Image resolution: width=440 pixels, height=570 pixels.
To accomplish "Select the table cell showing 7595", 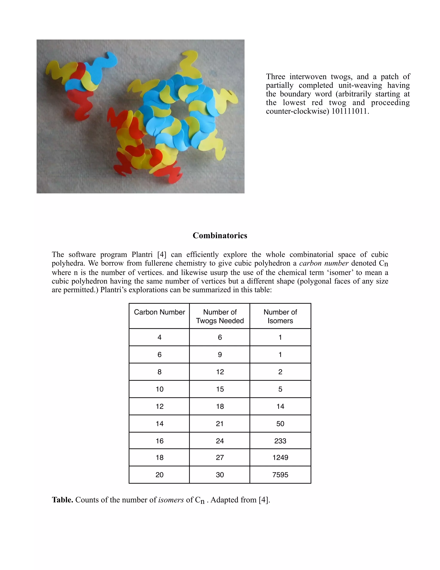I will (280, 475).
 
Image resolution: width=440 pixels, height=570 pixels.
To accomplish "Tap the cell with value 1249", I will (280, 457).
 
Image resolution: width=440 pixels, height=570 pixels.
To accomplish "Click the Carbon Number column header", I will (159, 312).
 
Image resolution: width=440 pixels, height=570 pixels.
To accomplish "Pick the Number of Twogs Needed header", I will (220, 316).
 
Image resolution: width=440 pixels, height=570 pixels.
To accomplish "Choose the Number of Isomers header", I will (280, 316).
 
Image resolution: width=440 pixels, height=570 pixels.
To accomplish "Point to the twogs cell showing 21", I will (220, 424).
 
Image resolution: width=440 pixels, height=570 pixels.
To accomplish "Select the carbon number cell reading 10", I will (159, 389).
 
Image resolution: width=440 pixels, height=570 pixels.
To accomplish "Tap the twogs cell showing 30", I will (220, 475).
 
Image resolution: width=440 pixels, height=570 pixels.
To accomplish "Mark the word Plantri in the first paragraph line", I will (142, 254).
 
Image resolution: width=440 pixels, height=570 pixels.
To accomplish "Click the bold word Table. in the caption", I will (63, 500).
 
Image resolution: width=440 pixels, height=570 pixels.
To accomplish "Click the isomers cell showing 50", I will (280, 424).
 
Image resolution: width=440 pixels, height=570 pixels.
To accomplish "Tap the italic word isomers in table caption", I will (171, 500).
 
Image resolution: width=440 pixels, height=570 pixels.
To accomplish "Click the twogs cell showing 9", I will (220, 355).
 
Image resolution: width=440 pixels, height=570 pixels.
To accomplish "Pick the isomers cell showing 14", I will (280, 406).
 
